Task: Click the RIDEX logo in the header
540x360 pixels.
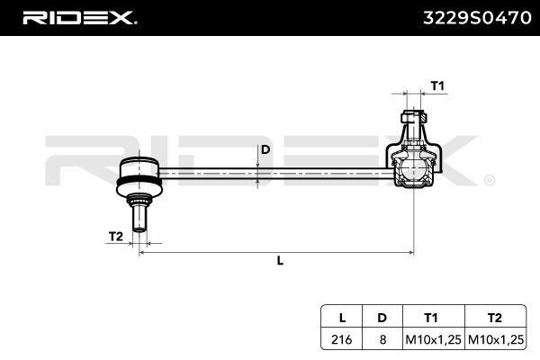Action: tap(79, 16)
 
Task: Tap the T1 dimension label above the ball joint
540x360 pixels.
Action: tap(437, 85)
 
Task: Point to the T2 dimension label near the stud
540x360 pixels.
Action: tap(115, 236)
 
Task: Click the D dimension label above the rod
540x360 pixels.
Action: tap(265, 149)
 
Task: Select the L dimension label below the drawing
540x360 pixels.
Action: tap(280, 261)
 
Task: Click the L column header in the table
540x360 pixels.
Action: tap(342, 317)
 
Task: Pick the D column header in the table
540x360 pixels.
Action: tap(382, 317)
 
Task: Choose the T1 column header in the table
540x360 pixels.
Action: tap(431, 317)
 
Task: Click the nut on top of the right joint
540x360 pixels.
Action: tap(410, 117)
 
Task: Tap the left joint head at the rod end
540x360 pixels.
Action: tap(139, 170)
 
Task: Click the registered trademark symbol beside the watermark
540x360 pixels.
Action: tap(489, 180)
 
